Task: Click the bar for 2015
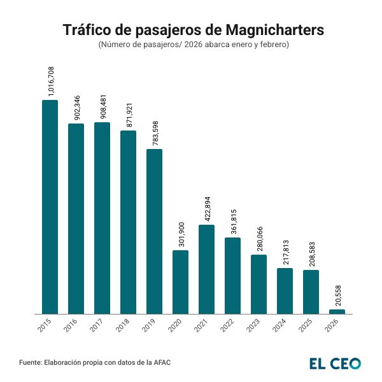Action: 50,207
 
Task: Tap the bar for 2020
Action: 180,282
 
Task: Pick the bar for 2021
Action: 206,269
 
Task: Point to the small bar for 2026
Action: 337,311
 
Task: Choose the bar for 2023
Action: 258,284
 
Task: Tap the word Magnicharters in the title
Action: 275,31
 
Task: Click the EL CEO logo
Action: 335,363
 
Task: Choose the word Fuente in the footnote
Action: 30,363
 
